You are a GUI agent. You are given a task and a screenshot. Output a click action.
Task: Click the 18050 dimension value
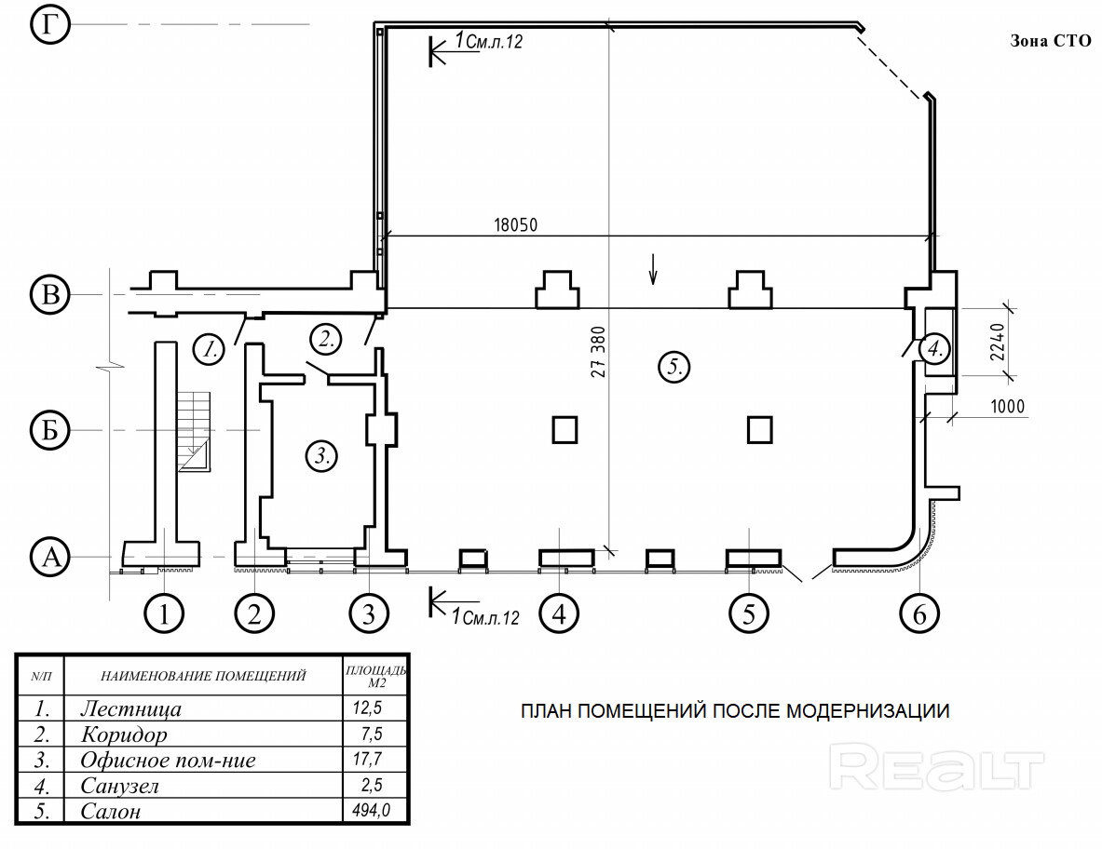515,224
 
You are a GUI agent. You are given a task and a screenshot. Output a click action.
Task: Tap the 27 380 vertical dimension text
598,353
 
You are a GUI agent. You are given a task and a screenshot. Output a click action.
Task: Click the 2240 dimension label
998,342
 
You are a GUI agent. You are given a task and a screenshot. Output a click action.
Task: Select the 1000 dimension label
1007,406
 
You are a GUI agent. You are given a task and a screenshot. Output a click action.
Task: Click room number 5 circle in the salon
674,367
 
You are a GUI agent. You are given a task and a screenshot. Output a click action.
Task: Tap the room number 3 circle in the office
322,456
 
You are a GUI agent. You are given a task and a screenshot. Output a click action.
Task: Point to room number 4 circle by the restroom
934,348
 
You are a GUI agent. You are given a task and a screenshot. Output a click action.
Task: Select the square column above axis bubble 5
760,430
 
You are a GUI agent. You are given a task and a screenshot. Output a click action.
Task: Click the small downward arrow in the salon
653,269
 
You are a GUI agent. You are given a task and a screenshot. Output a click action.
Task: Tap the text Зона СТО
1051,41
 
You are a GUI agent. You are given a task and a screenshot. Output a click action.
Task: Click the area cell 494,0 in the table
372,811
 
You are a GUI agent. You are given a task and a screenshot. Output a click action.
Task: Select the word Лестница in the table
130,708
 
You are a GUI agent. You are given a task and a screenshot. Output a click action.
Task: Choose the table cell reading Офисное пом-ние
168,760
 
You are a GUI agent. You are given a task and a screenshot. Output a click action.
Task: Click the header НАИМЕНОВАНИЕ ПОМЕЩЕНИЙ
203,676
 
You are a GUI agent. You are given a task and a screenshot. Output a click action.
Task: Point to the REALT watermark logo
936,767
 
